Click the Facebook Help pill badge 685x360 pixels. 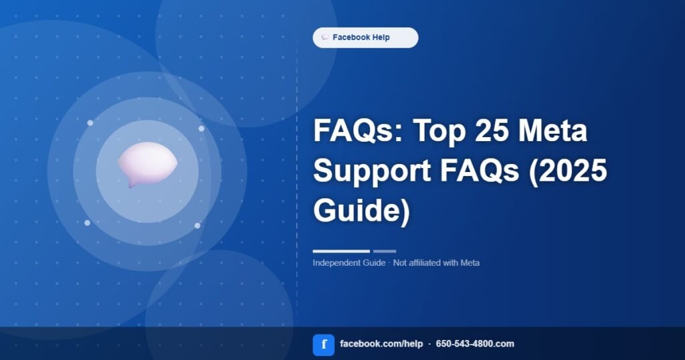(x=365, y=37)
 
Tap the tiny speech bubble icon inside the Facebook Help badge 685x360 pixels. (x=324, y=37)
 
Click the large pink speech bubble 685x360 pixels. (x=147, y=164)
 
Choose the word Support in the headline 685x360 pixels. (x=372, y=171)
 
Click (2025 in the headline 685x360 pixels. (x=568, y=170)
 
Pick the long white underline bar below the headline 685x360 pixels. (x=341, y=251)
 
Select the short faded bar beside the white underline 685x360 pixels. (x=385, y=251)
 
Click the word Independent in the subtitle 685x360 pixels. (x=336, y=263)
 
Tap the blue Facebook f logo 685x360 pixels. (x=324, y=345)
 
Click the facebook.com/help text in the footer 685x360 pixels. (x=381, y=344)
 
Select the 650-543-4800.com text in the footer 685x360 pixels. (x=475, y=344)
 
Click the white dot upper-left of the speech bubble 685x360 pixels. (x=90, y=123)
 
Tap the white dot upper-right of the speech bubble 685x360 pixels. (x=201, y=128)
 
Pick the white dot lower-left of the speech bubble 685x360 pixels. (x=88, y=223)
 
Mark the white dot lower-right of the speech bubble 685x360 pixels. (x=197, y=226)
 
